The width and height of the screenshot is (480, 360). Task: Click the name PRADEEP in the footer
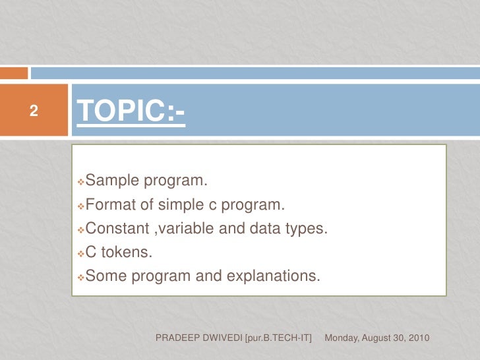tap(175, 338)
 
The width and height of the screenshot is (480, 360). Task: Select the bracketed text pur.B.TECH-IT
tap(278, 338)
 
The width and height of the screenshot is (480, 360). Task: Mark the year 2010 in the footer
tap(419, 338)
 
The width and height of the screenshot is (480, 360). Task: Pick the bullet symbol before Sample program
tap(80, 181)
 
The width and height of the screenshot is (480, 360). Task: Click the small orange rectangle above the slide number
tap(14, 73)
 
